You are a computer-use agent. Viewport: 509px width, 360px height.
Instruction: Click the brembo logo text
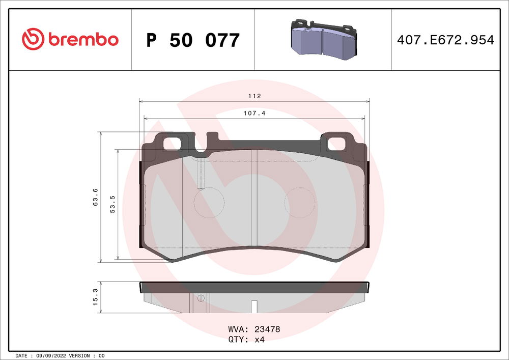(x=83, y=39)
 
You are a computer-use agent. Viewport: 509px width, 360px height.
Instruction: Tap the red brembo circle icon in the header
(x=34, y=39)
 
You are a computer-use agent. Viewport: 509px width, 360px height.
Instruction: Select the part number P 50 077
(x=192, y=40)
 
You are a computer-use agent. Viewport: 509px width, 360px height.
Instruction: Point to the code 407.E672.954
(x=444, y=40)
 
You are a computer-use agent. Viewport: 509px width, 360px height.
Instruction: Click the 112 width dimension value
(x=254, y=96)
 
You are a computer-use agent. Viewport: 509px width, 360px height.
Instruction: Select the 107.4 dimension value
(x=254, y=114)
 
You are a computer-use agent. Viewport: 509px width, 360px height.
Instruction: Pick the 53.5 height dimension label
(x=113, y=204)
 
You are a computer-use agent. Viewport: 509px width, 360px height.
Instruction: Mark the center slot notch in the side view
(x=254, y=306)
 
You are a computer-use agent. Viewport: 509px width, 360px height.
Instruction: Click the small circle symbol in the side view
(x=201, y=298)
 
